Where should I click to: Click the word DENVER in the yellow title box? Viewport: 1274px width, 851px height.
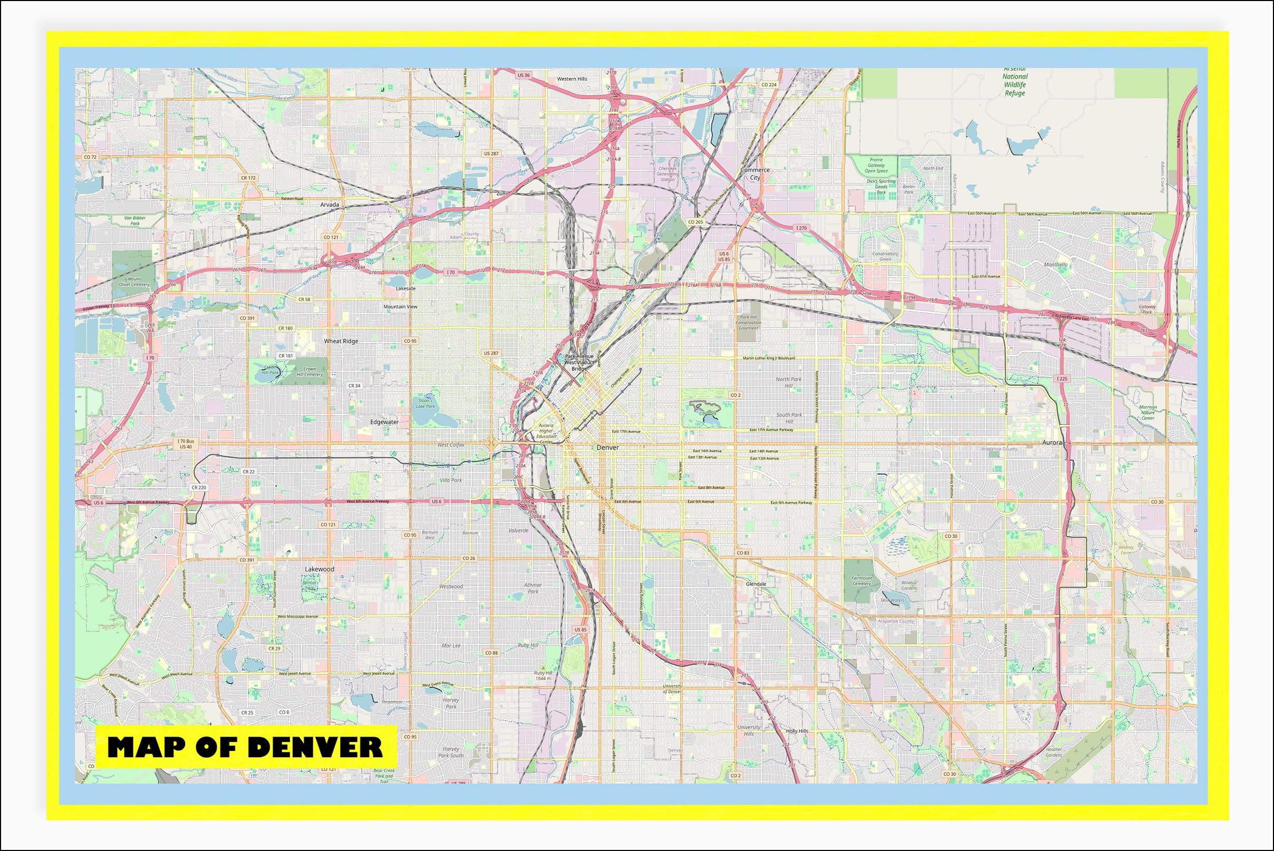pyautogui.click(x=316, y=747)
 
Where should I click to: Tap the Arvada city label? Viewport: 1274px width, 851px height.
pyautogui.click(x=330, y=205)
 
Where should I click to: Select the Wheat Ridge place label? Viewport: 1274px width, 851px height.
pyautogui.click(x=341, y=341)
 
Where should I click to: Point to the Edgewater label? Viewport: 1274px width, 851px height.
pyautogui.click(x=384, y=422)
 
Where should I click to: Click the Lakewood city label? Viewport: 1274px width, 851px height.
pyautogui.click(x=319, y=569)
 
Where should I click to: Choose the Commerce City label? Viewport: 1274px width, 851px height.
pyautogui.click(x=755, y=173)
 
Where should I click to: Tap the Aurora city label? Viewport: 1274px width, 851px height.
pyautogui.click(x=1051, y=443)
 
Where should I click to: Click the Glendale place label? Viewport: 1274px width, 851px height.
pyautogui.click(x=756, y=584)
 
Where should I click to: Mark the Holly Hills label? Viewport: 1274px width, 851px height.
pyautogui.click(x=797, y=731)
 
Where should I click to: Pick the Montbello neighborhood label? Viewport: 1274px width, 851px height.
pyautogui.click(x=1056, y=265)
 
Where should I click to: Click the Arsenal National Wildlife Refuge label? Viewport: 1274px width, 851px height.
pyautogui.click(x=1015, y=81)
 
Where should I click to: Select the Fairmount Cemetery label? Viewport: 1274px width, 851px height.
pyautogui.click(x=862, y=581)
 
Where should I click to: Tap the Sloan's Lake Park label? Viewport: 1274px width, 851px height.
pyautogui.click(x=426, y=403)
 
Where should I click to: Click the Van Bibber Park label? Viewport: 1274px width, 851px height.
pyautogui.click(x=134, y=220)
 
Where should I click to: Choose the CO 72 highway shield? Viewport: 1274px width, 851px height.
pyautogui.click(x=90, y=157)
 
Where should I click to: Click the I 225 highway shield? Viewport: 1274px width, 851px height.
pyautogui.click(x=1062, y=378)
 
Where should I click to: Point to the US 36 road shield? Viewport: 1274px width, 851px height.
pyautogui.click(x=523, y=75)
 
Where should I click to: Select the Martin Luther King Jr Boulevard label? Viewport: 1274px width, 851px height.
pyautogui.click(x=769, y=358)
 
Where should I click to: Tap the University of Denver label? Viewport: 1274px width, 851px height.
pyautogui.click(x=672, y=689)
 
